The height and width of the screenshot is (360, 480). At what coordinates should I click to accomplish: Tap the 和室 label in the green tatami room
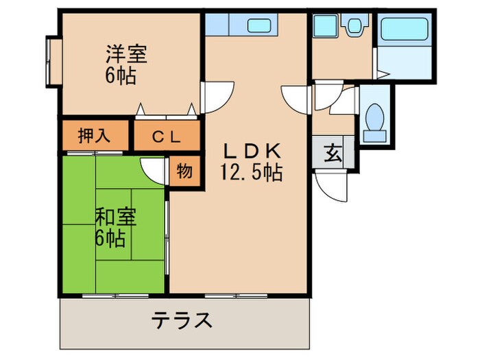click(115, 217)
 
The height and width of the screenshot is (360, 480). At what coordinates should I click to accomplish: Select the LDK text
click(250, 150)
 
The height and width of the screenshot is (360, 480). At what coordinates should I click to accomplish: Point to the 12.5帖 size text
click(251, 172)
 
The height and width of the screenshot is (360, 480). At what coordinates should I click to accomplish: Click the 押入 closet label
click(93, 136)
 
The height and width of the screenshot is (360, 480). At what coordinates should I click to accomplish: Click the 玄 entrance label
click(333, 153)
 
